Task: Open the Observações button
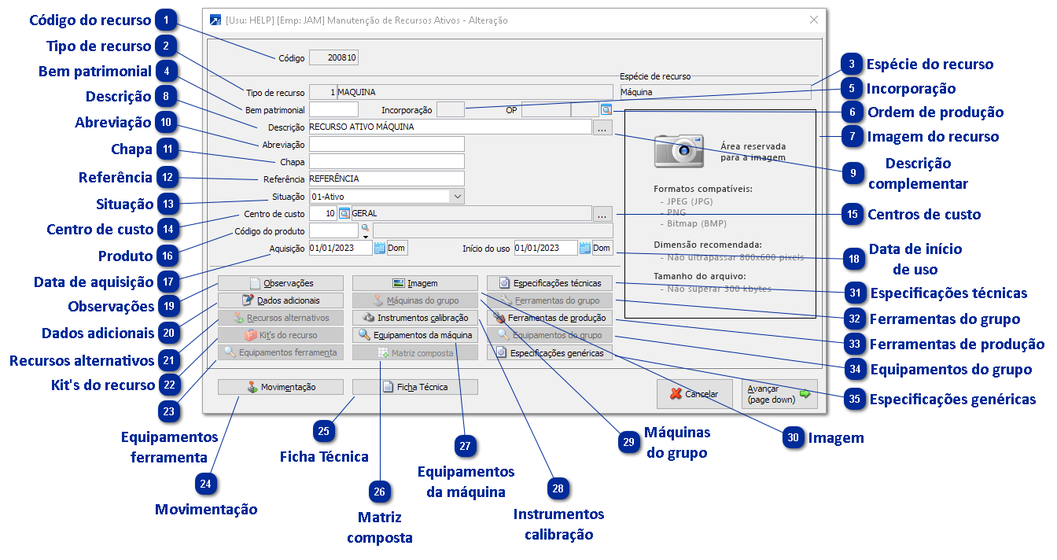tap(281, 283)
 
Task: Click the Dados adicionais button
tap(281, 300)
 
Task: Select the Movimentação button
tap(281, 387)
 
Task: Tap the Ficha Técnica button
tap(414, 387)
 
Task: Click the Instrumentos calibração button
tap(414, 318)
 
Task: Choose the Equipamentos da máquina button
tap(414, 335)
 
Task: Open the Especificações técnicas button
tap(550, 283)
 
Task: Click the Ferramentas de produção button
tap(550, 318)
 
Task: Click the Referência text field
tap(386, 179)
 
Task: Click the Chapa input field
tap(386, 161)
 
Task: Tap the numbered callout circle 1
tap(166, 18)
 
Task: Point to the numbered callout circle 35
tap(855, 399)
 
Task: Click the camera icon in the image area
tap(679, 150)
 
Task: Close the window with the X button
tap(814, 20)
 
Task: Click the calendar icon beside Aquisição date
tap(379, 249)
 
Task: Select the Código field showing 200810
tap(333, 57)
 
